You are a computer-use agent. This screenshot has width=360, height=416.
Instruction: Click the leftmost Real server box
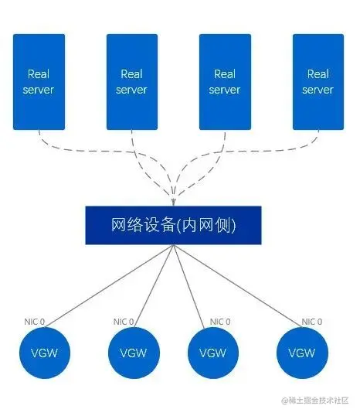coord(39,81)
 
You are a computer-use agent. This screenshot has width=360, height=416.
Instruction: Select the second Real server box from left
coord(131,81)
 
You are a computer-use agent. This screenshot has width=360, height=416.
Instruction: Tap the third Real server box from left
coord(225,81)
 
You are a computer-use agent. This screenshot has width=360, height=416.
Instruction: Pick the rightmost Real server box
coord(318,81)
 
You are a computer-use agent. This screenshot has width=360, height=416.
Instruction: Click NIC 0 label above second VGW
coord(124,322)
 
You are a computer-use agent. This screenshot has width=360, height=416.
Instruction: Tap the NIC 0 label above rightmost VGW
coord(312,322)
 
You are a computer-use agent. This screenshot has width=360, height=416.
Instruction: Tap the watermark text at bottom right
coord(315,401)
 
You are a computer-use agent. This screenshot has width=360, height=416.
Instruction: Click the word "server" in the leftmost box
coord(39,90)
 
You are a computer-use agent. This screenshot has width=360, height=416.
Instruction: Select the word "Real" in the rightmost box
coord(318,74)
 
